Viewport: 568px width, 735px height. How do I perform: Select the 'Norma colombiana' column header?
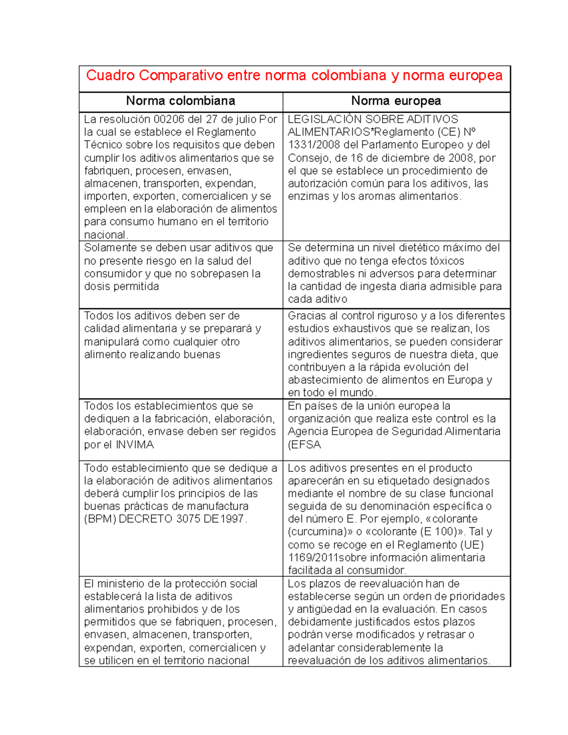tap(180, 101)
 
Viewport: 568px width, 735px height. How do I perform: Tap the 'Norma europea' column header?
tap(396, 101)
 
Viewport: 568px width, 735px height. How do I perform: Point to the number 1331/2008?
tap(310, 145)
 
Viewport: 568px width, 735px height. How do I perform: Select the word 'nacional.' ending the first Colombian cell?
tap(106, 235)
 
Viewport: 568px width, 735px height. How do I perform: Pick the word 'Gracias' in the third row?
tap(307, 316)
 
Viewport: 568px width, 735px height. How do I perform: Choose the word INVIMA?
tap(135, 444)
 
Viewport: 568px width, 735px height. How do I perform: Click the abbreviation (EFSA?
tap(304, 444)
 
